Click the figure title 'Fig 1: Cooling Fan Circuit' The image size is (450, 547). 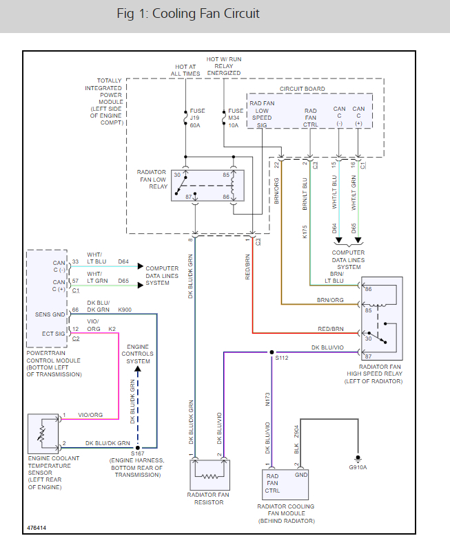[187, 14]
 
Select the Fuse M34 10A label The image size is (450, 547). [236, 118]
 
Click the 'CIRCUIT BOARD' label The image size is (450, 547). [301, 89]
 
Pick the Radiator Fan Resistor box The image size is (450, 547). [209, 474]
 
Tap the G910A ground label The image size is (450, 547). [358, 467]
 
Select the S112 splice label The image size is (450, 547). [282, 358]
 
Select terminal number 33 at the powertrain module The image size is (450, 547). [75, 262]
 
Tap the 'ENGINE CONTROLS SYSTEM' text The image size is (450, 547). [138, 354]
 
